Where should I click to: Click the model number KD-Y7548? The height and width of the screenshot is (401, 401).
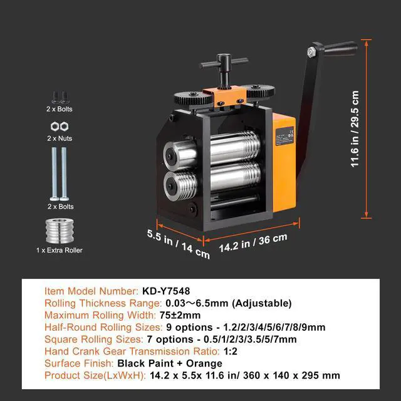pos(165,291)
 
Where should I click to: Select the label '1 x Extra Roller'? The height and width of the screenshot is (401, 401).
pos(60,251)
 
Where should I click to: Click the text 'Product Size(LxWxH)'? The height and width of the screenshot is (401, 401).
pos(95,375)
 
